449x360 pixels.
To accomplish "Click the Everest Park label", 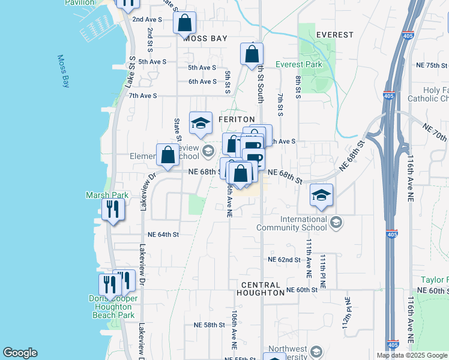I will tap(298, 64).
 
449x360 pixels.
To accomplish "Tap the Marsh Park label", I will tap(99, 195).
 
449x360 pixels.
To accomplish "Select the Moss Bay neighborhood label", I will tap(205, 38).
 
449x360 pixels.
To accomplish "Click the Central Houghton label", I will tap(261, 289).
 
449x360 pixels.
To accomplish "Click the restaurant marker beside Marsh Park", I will tap(113, 209).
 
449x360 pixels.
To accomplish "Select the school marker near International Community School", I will tap(322, 194).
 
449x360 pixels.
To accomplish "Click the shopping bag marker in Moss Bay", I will tap(185, 23).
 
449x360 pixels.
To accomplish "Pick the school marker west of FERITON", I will tap(200, 123).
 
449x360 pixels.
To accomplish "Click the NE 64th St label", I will tap(163, 235).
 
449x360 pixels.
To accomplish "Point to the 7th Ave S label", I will tap(142, 95).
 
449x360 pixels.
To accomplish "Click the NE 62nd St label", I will tap(284, 260).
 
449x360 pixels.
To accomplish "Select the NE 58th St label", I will tap(208, 325).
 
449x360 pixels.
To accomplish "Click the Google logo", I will tap(20, 353).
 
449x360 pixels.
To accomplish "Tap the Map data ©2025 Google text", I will tap(412, 355).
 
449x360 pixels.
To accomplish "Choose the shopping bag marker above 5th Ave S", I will tap(252, 54).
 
